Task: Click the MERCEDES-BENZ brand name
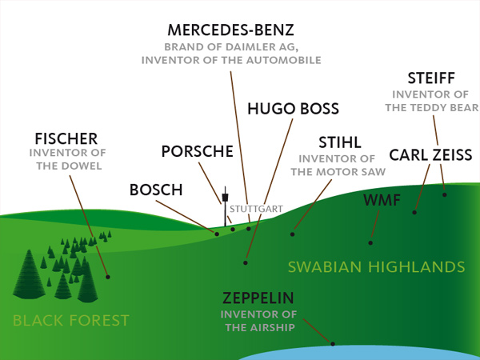[x=231, y=30]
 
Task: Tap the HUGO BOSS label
[x=293, y=108]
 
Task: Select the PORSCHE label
[x=197, y=151]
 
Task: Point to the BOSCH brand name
[x=156, y=190]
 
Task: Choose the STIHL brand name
[x=340, y=142]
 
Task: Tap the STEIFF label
[x=431, y=78]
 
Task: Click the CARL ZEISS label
[x=430, y=154]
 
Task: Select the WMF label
[x=381, y=198]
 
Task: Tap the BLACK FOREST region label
[x=70, y=321]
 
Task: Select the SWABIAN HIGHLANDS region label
[x=376, y=266]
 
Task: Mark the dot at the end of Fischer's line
[x=108, y=277]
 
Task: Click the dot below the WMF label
[x=370, y=242]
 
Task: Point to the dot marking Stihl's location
[x=293, y=234]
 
